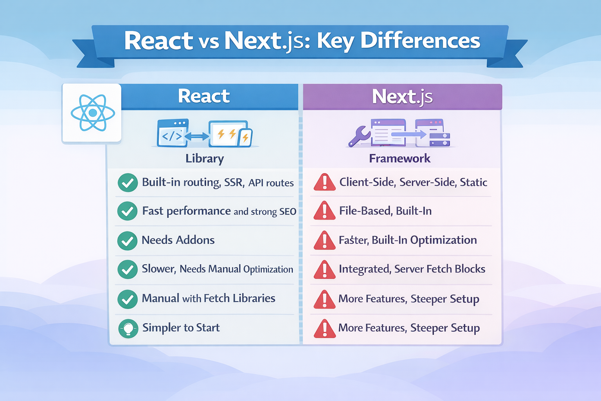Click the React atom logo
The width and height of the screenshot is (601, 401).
pyautogui.click(x=93, y=113)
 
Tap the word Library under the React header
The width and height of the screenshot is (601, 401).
pyautogui.click(x=205, y=159)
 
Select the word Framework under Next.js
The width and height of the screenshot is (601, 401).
pyautogui.click(x=399, y=159)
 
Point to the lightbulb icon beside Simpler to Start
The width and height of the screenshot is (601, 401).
pyautogui.click(x=128, y=328)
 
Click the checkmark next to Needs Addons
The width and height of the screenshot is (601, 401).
pyautogui.click(x=127, y=240)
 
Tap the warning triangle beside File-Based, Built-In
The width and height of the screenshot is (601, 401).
pyautogui.click(x=324, y=211)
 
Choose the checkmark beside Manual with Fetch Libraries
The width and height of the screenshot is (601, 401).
pyautogui.click(x=127, y=299)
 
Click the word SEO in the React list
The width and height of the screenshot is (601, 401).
pyautogui.click(x=288, y=212)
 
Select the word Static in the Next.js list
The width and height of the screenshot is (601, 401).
pyautogui.click(x=473, y=182)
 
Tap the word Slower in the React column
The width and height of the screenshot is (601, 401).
pyautogui.click(x=158, y=269)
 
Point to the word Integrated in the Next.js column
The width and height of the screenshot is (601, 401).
pyautogui.click(x=365, y=269)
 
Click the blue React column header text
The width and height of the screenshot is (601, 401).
pyautogui.click(x=204, y=96)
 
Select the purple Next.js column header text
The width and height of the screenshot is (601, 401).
pyautogui.click(x=402, y=97)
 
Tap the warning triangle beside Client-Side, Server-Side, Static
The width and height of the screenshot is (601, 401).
pyautogui.click(x=324, y=182)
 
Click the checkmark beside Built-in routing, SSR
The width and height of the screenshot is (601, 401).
pyautogui.click(x=127, y=182)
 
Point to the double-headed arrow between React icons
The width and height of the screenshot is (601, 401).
pyautogui.click(x=197, y=136)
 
